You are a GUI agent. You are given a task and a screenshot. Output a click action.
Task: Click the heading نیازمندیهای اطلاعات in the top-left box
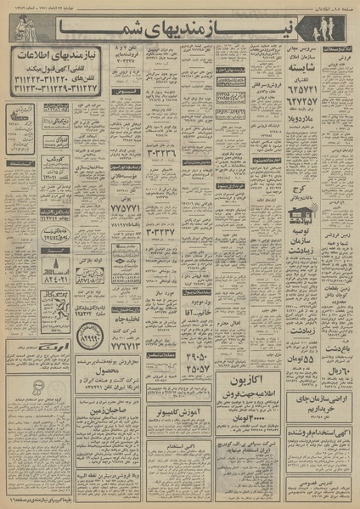tap(57, 60)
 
